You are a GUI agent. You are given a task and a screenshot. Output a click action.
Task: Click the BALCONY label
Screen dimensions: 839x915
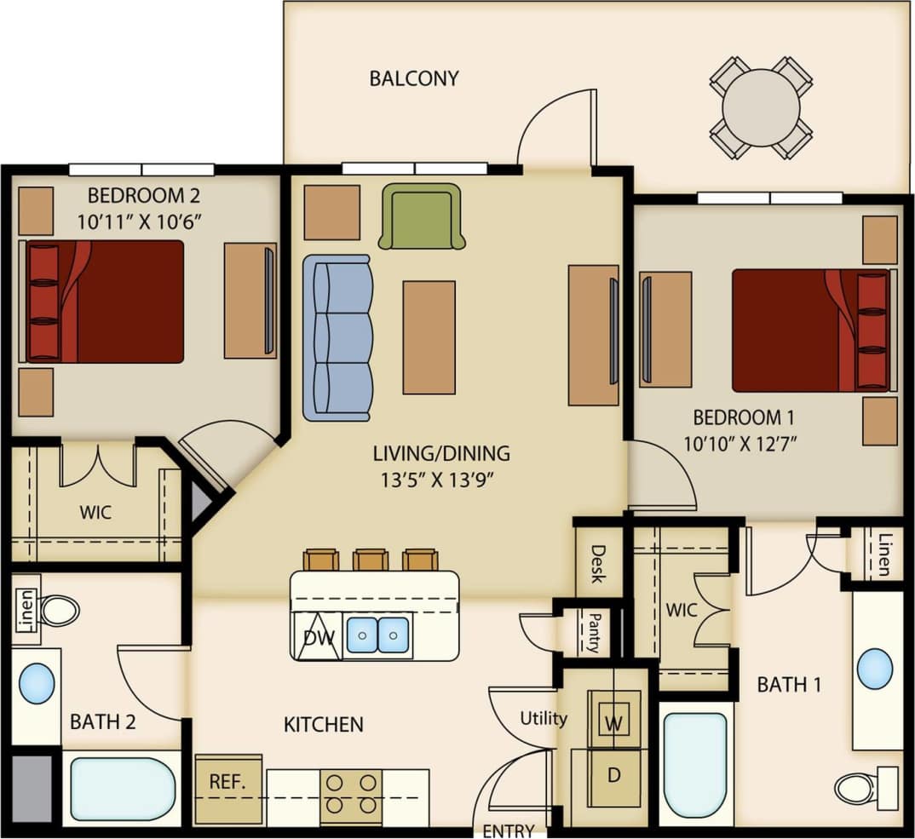pyautogui.click(x=413, y=78)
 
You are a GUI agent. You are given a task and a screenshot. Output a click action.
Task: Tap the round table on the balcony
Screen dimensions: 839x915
pyautogui.click(x=761, y=108)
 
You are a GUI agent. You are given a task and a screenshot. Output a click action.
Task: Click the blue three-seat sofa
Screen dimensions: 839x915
pyautogui.click(x=337, y=337)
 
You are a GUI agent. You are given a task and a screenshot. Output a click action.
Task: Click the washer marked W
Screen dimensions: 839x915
pyautogui.click(x=613, y=722)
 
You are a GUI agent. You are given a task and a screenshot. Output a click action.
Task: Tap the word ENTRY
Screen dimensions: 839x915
pyautogui.click(x=509, y=830)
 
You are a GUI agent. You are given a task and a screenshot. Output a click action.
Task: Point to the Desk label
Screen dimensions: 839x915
pyautogui.click(x=596, y=563)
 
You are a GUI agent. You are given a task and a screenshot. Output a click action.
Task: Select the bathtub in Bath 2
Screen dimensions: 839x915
pyautogui.click(x=123, y=789)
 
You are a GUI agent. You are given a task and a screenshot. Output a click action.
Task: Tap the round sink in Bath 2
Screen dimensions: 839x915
pyautogui.click(x=37, y=684)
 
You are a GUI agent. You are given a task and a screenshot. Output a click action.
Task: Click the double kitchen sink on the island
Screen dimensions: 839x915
pyautogui.click(x=377, y=635)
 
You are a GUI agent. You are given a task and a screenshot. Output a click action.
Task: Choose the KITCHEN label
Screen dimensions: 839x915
pyautogui.click(x=324, y=725)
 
